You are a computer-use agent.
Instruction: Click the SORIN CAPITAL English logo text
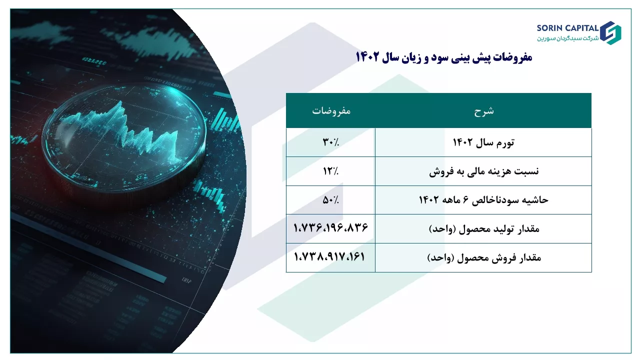point(567,28)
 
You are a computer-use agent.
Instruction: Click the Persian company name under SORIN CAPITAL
point(567,38)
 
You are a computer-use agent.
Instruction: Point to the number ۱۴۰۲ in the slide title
point(367,57)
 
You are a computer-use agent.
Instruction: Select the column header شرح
point(483,111)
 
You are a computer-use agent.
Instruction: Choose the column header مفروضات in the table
point(331,111)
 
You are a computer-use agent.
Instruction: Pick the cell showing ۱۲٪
point(330,171)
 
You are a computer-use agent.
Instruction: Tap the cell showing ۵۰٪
point(330,199)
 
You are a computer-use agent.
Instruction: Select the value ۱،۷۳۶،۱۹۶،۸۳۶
point(330,227)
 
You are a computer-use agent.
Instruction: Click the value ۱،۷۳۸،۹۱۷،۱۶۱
point(329,256)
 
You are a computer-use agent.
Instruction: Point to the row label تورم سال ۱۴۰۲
point(483,142)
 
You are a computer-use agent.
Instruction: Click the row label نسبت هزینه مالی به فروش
point(483,171)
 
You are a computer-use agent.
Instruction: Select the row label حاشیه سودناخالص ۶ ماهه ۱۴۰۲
point(483,199)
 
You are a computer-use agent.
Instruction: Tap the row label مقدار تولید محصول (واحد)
point(484,229)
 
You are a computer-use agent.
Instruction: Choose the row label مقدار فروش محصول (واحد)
point(484,257)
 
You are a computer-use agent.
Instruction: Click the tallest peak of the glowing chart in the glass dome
point(120,102)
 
